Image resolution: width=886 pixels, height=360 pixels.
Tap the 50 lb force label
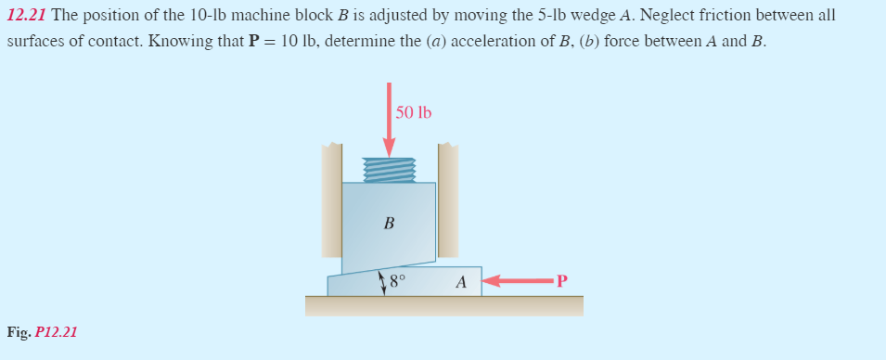tap(414, 113)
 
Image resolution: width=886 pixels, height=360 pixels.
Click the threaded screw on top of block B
tap(389, 170)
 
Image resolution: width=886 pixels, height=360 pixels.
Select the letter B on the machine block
tap(389, 223)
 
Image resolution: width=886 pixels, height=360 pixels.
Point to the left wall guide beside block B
tap(331, 199)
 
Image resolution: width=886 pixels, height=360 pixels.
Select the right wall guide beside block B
tap(448, 199)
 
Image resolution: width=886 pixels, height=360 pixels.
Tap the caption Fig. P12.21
tap(42, 331)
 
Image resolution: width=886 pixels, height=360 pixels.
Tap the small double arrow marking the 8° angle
tap(383, 283)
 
